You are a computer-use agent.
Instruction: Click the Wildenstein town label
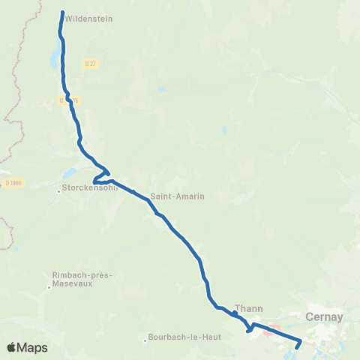click(x=89, y=19)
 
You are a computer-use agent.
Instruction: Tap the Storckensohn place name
click(x=90, y=188)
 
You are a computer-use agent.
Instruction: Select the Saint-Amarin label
click(x=178, y=196)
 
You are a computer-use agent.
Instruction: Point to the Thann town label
click(x=247, y=307)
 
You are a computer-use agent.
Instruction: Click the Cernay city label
click(x=325, y=316)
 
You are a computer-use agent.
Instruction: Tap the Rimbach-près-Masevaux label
click(x=80, y=279)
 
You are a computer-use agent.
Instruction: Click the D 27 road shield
click(x=91, y=64)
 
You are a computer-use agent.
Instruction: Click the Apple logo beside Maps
click(x=13, y=347)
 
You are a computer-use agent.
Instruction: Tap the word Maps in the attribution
click(x=33, y=347)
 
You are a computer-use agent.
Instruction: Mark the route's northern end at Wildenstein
click(x=61, y=12)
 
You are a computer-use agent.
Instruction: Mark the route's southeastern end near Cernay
click(x=297, y=347)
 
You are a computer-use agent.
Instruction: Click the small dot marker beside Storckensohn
click(x=59, y=190)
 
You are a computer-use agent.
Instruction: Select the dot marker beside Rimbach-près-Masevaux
click(x=49, y=286)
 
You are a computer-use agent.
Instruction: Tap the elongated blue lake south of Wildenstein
click(x=55, y=55)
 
